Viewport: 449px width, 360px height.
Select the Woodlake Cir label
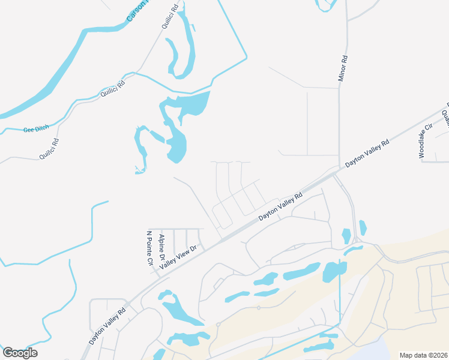pyautogui.click(x=426, y=142)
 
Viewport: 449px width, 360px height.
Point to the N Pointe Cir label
pyautogui.click(x=150, y=247)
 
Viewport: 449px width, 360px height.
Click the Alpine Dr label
pyautogui.click(x=161, y=247)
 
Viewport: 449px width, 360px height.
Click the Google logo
pyautogui.click(x=20, y=353)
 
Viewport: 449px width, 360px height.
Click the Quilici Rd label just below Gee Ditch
pyautogui.click(x=49, y=149)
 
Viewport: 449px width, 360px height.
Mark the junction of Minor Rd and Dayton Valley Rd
pyautogui.click(x=340, y=170)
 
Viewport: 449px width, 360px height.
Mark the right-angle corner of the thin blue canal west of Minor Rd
pyautogui.click(x=246, y=59)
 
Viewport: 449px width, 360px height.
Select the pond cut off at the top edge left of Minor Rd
pyautogui.click(x=325, y=5)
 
